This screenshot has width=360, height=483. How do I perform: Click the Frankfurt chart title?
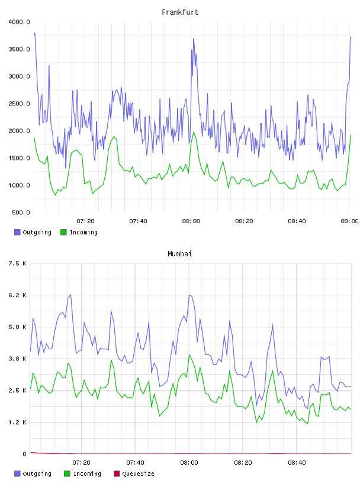click(x=180, y=12)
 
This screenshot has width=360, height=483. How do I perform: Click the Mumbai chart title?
click(x=179, y=253)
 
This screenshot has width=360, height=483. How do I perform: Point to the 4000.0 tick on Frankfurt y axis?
click(x=19, y=22)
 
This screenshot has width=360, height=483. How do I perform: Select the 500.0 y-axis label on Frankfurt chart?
click(x=21, y=212)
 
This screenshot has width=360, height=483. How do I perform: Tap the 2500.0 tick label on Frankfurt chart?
click(x=19, y=104)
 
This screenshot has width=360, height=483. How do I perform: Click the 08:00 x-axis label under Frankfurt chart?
click(x=191, y=221)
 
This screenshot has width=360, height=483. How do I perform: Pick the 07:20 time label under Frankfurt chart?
click(x=85, y=221)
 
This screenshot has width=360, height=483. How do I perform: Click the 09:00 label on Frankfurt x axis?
click(x=349, y=221)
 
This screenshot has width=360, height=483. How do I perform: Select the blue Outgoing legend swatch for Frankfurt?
click(x=17, y=232)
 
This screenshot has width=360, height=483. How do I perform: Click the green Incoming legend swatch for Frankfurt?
click(x=63, y=232)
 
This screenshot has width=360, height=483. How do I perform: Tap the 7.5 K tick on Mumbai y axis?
click(x=17, y=263)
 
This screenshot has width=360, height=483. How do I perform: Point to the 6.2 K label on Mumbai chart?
click(x=17, y=295)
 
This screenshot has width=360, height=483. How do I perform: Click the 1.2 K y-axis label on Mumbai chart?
click(x=17, y=422)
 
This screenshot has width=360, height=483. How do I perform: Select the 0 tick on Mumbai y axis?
click(x=24, y=454)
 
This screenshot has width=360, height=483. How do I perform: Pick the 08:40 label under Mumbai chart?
click(x=297, y=462)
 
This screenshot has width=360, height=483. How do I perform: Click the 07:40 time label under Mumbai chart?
click(x=135, y=462)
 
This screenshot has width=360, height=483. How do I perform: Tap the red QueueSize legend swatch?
click(x=117, y=474)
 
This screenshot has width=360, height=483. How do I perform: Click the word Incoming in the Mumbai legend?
click(x=87, y=474)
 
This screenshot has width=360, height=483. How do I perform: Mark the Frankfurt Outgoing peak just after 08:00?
click(x=194, y=39)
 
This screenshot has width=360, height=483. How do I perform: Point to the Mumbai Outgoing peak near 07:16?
click(x=70, y=295)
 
